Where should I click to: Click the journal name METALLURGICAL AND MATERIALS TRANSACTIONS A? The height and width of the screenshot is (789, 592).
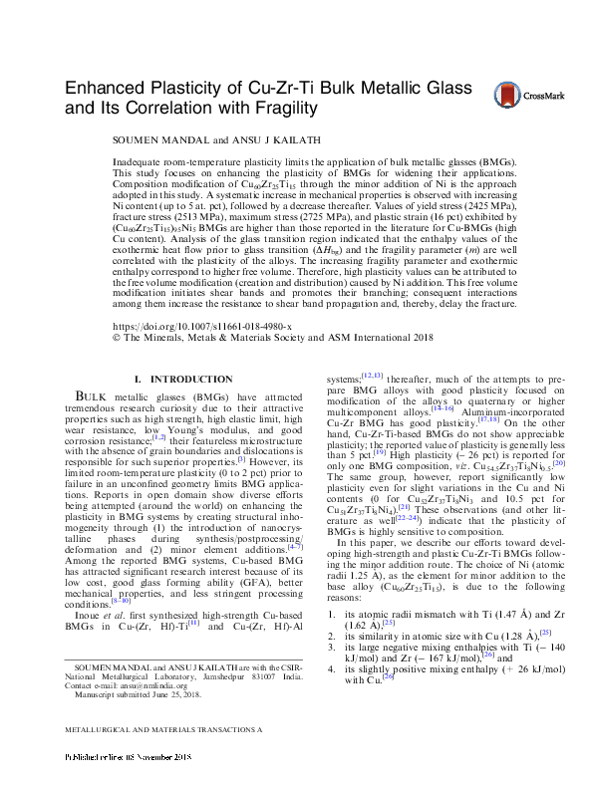coord(162,758)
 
